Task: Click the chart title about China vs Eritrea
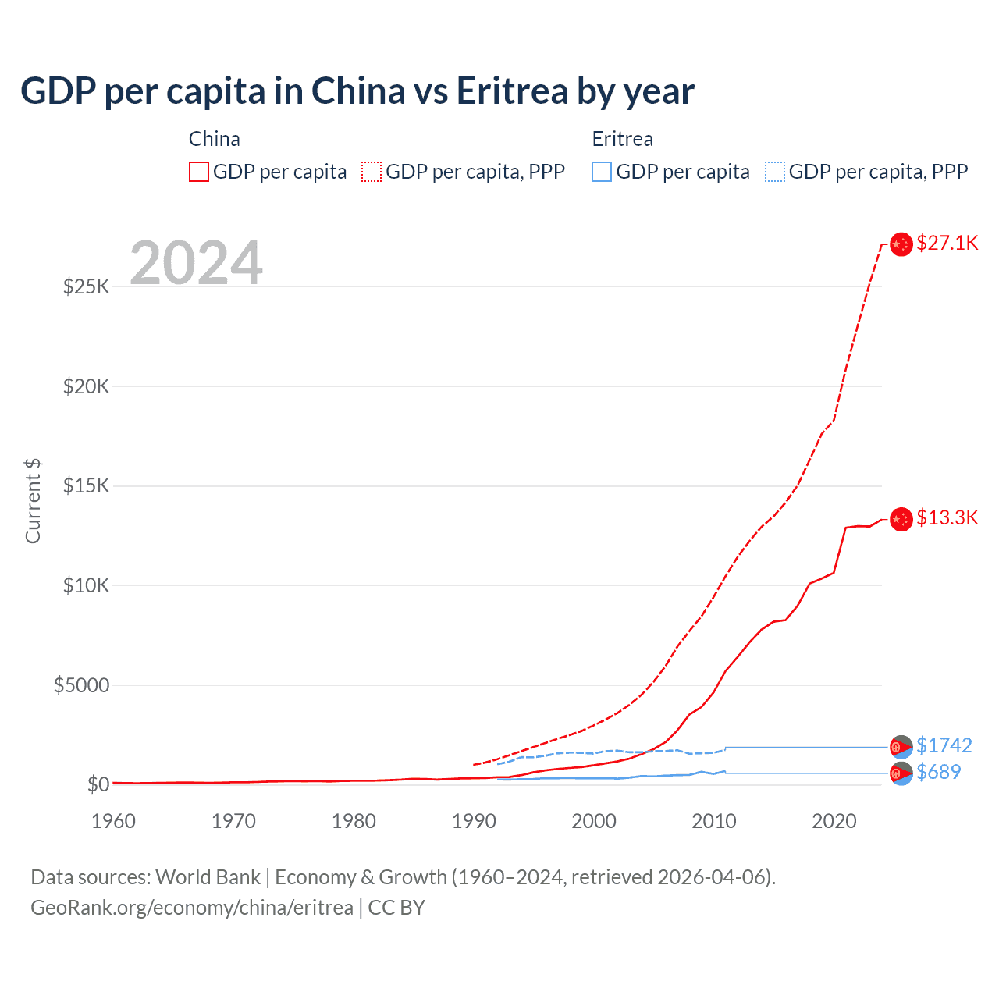point(357,91)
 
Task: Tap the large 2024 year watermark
point(196,263)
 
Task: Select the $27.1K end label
point(947,243)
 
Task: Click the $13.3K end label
point(947,517)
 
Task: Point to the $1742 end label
point(944,745)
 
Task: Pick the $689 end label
point(938,772)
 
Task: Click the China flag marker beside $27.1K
point(901,244)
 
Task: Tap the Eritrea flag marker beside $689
point(901,773)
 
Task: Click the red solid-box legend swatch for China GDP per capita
point(199,172)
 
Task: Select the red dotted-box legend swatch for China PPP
point(372,172)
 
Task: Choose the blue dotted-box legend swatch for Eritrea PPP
point(775,172)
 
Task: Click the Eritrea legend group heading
point(622,139)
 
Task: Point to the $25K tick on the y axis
point(86,286)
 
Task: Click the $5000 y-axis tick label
point(81,685)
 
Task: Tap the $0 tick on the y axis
point(98,784)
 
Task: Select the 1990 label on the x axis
point(474,821)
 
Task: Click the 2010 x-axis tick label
point(714,821)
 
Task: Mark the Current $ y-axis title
point(33,501)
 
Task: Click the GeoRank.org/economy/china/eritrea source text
point(192,908)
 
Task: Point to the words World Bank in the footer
point(208,877)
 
